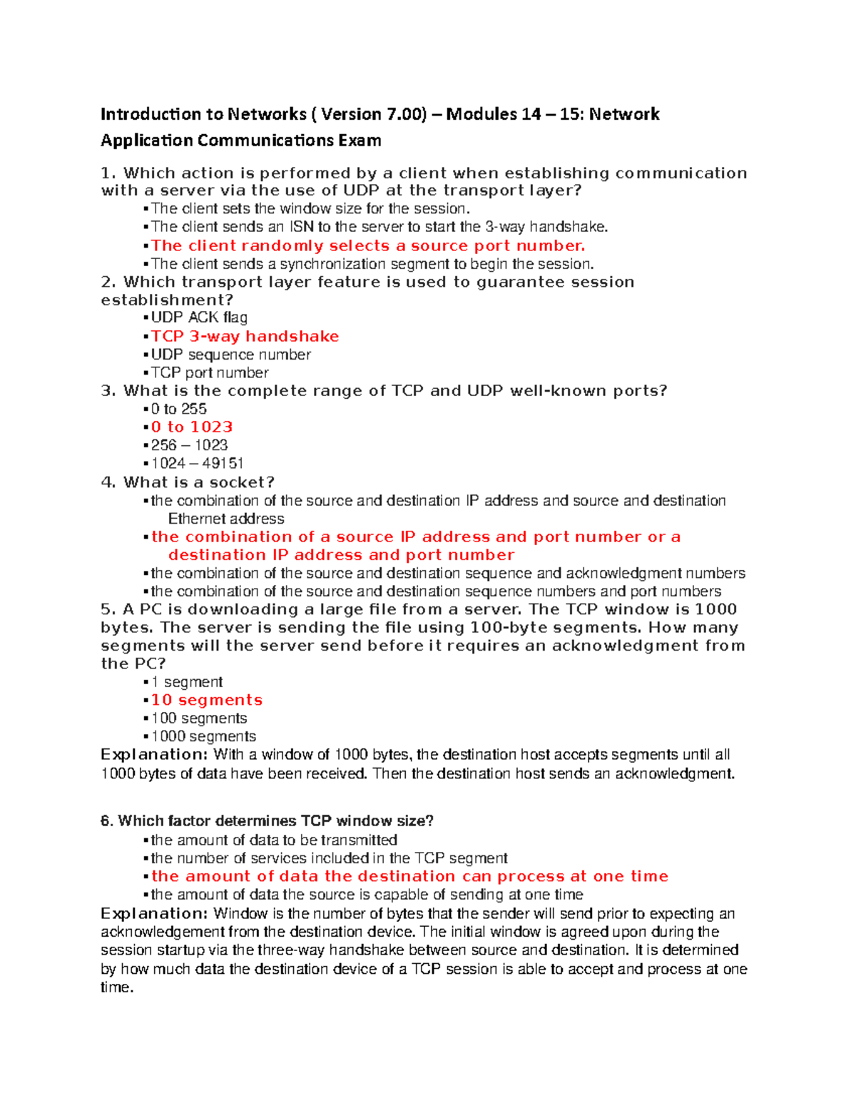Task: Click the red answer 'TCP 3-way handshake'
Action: (x=245, y=336)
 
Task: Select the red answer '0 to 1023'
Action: (x=192, y=427)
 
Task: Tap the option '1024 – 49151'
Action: (x=197, y=463)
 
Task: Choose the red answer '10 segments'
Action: (x=206, y=700)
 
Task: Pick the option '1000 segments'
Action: (x=203, y=736)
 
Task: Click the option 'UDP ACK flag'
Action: (x=199, y=317)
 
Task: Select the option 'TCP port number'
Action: (x=210, y=372)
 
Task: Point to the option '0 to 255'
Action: (x=178, y=409)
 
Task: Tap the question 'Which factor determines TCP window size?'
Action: (x=267, y=821)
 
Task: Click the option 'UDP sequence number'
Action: (x=230, y=355)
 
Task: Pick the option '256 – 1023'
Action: (x=189, y=445)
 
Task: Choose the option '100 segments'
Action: (x=199, y=718)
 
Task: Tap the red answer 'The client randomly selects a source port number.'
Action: (x=367, y=245)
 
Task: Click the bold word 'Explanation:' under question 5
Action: (x=154, y=755)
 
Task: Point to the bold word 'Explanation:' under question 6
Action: (x=154, y=914)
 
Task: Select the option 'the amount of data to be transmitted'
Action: (x=274, y=840)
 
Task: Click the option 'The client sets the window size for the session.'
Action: (x=310, y=208)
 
